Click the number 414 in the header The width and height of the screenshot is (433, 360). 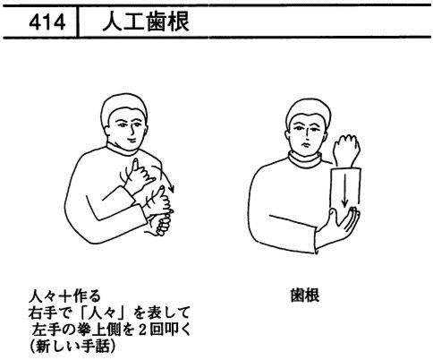coord(47,22)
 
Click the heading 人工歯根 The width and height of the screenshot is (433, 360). coord(146,21)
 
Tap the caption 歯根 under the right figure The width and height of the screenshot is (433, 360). coord(305,296)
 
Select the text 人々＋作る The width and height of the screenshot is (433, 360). coord(64,296)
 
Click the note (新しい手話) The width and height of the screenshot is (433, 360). coord(72,347)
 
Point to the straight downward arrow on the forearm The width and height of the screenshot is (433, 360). coord(344,191)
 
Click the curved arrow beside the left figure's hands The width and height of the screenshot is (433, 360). coord(166,178)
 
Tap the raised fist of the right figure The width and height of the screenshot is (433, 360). coord(346,150)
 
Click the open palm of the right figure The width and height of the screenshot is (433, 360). coord(343,222)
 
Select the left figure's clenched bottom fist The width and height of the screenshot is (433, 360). coord(158,225)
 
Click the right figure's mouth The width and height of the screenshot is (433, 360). coord(305,144)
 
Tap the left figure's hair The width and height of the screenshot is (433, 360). coord(123,107)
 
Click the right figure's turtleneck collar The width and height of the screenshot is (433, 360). coord(305,159)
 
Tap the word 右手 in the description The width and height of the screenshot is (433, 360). coord(43,313)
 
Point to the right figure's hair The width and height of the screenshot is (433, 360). coord(308,111)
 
